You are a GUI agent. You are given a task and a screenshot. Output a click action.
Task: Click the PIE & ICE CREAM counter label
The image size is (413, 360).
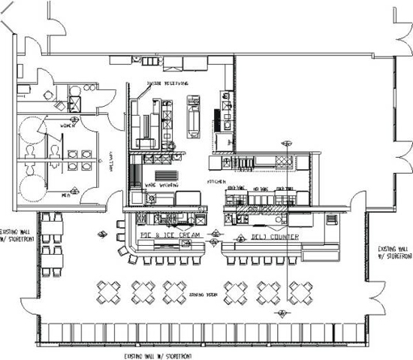point(173,236)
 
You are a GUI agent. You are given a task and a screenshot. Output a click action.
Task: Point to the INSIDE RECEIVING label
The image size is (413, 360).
point(167,83)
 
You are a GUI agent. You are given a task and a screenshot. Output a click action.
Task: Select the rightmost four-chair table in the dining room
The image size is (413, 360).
point(303,290)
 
